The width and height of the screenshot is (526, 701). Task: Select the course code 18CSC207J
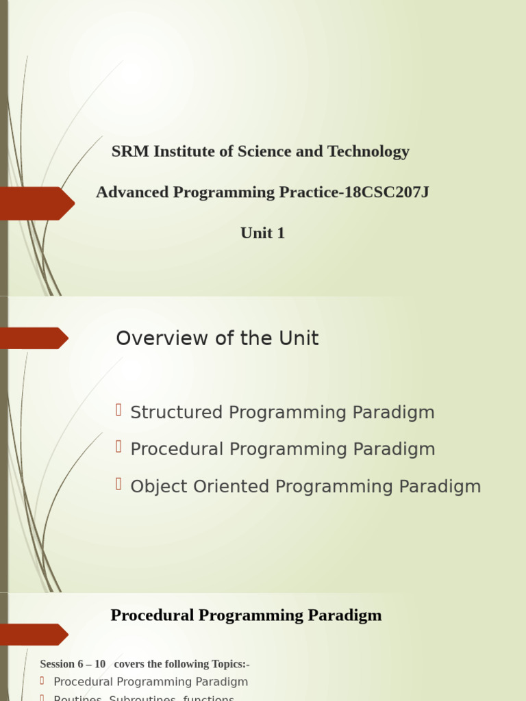point(387,192)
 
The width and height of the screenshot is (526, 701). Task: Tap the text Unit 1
point(262,233)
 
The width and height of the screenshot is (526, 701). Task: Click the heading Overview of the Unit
point(217,338)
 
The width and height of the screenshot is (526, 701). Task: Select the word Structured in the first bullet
point(177,413)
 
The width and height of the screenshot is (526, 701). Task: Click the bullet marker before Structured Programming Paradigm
point(118,410)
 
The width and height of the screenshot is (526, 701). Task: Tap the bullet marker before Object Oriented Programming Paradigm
point(118,484)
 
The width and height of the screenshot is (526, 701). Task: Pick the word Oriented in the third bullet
point(229,487)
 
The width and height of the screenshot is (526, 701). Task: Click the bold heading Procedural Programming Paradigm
point(246,615)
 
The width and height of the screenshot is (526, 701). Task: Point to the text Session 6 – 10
point(73,664)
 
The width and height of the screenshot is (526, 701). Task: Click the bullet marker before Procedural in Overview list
point(118,447)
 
